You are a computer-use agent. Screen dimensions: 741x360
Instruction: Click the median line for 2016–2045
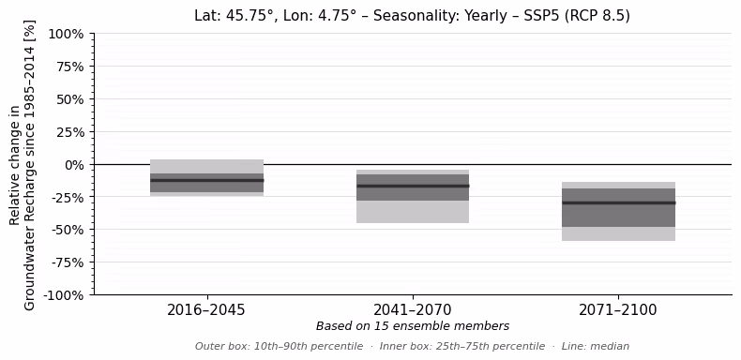click(x=207, y=180)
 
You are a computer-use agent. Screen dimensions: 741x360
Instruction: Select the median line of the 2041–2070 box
click(x=413, y=186)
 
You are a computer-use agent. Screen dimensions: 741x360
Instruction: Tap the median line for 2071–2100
click(x=619, y=202)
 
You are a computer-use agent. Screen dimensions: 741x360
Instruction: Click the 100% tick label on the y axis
click(x=67, y=34)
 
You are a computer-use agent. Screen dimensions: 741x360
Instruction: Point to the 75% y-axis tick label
click(x=70, y=67)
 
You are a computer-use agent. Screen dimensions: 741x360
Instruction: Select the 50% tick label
click(x=70, y=99)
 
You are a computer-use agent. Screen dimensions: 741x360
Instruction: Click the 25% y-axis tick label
click(x=70, y=132)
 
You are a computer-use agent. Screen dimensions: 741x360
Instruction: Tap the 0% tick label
click(x=73, y=165)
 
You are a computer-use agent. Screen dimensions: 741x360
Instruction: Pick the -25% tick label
click(x=68, y=198)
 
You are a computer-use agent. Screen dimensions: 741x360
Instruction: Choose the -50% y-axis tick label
click(x=68, y=230)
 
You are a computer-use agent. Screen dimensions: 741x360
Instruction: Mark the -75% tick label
click(x=68, y=262)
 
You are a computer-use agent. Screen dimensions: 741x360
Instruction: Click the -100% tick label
click(x=64, y=295)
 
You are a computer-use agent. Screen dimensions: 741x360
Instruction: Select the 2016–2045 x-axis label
click(x=206, y=310)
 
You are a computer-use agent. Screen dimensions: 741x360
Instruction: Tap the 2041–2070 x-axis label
click(x=413, y=310)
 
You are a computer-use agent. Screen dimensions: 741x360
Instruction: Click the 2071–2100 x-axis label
click(x=618, y=310)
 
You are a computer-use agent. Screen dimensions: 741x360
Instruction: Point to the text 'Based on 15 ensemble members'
click(x=413, y=326)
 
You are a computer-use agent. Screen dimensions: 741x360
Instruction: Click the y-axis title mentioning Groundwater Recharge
click(x=23, y=165)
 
